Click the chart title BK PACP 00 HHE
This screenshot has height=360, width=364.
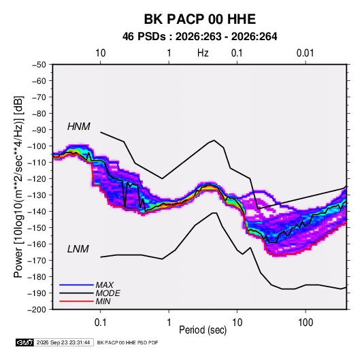200,19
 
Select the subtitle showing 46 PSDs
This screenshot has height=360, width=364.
199,37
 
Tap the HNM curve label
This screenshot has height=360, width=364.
79,127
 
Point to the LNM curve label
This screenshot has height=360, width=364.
78,249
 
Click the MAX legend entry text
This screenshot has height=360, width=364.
105,285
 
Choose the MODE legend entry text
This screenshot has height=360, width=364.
107,293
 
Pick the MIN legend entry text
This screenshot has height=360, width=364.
103,301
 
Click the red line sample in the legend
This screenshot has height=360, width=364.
76,301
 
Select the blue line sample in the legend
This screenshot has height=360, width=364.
76,285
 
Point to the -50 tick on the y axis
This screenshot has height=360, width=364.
39,65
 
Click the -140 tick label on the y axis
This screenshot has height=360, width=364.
37,212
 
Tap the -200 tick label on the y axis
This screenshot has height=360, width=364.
37,310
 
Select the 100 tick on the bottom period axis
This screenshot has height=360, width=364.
305,323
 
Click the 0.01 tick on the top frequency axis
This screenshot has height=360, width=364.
305,53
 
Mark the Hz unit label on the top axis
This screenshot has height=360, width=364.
203,53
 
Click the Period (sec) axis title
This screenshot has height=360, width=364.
203,330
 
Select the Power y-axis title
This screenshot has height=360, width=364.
18,187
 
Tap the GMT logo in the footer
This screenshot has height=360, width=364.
25,342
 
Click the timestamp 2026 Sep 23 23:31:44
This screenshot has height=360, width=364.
63,342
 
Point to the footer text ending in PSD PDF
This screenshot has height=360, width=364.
127,342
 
